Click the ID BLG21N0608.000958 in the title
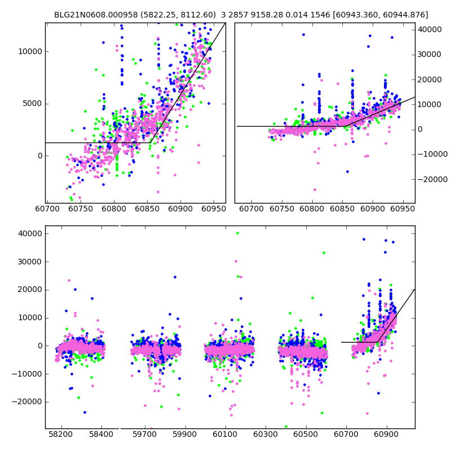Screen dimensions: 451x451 coord(91,15)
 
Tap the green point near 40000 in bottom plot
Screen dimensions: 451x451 coord(237,233)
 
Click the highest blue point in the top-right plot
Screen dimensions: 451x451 coord(303,34)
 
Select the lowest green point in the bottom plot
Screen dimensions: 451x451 coord(286,426)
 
